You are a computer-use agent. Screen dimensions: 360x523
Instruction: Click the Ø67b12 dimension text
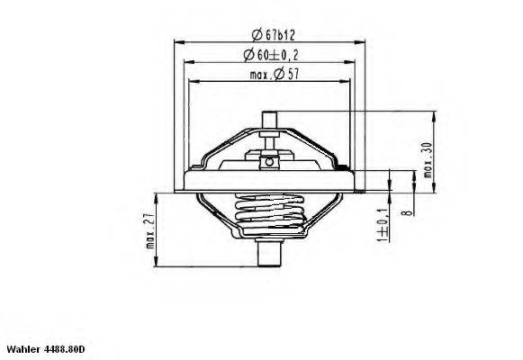click(268, 34)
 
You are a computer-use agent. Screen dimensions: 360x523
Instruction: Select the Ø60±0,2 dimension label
click(268, 55)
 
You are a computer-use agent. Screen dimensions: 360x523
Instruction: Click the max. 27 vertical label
click(149, 236)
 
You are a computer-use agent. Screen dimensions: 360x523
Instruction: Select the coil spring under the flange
click(267, 216)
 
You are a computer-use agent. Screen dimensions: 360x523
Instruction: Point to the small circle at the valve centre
click(267, 162)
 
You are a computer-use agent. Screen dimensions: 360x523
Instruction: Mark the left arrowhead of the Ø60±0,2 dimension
click(185, 62)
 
